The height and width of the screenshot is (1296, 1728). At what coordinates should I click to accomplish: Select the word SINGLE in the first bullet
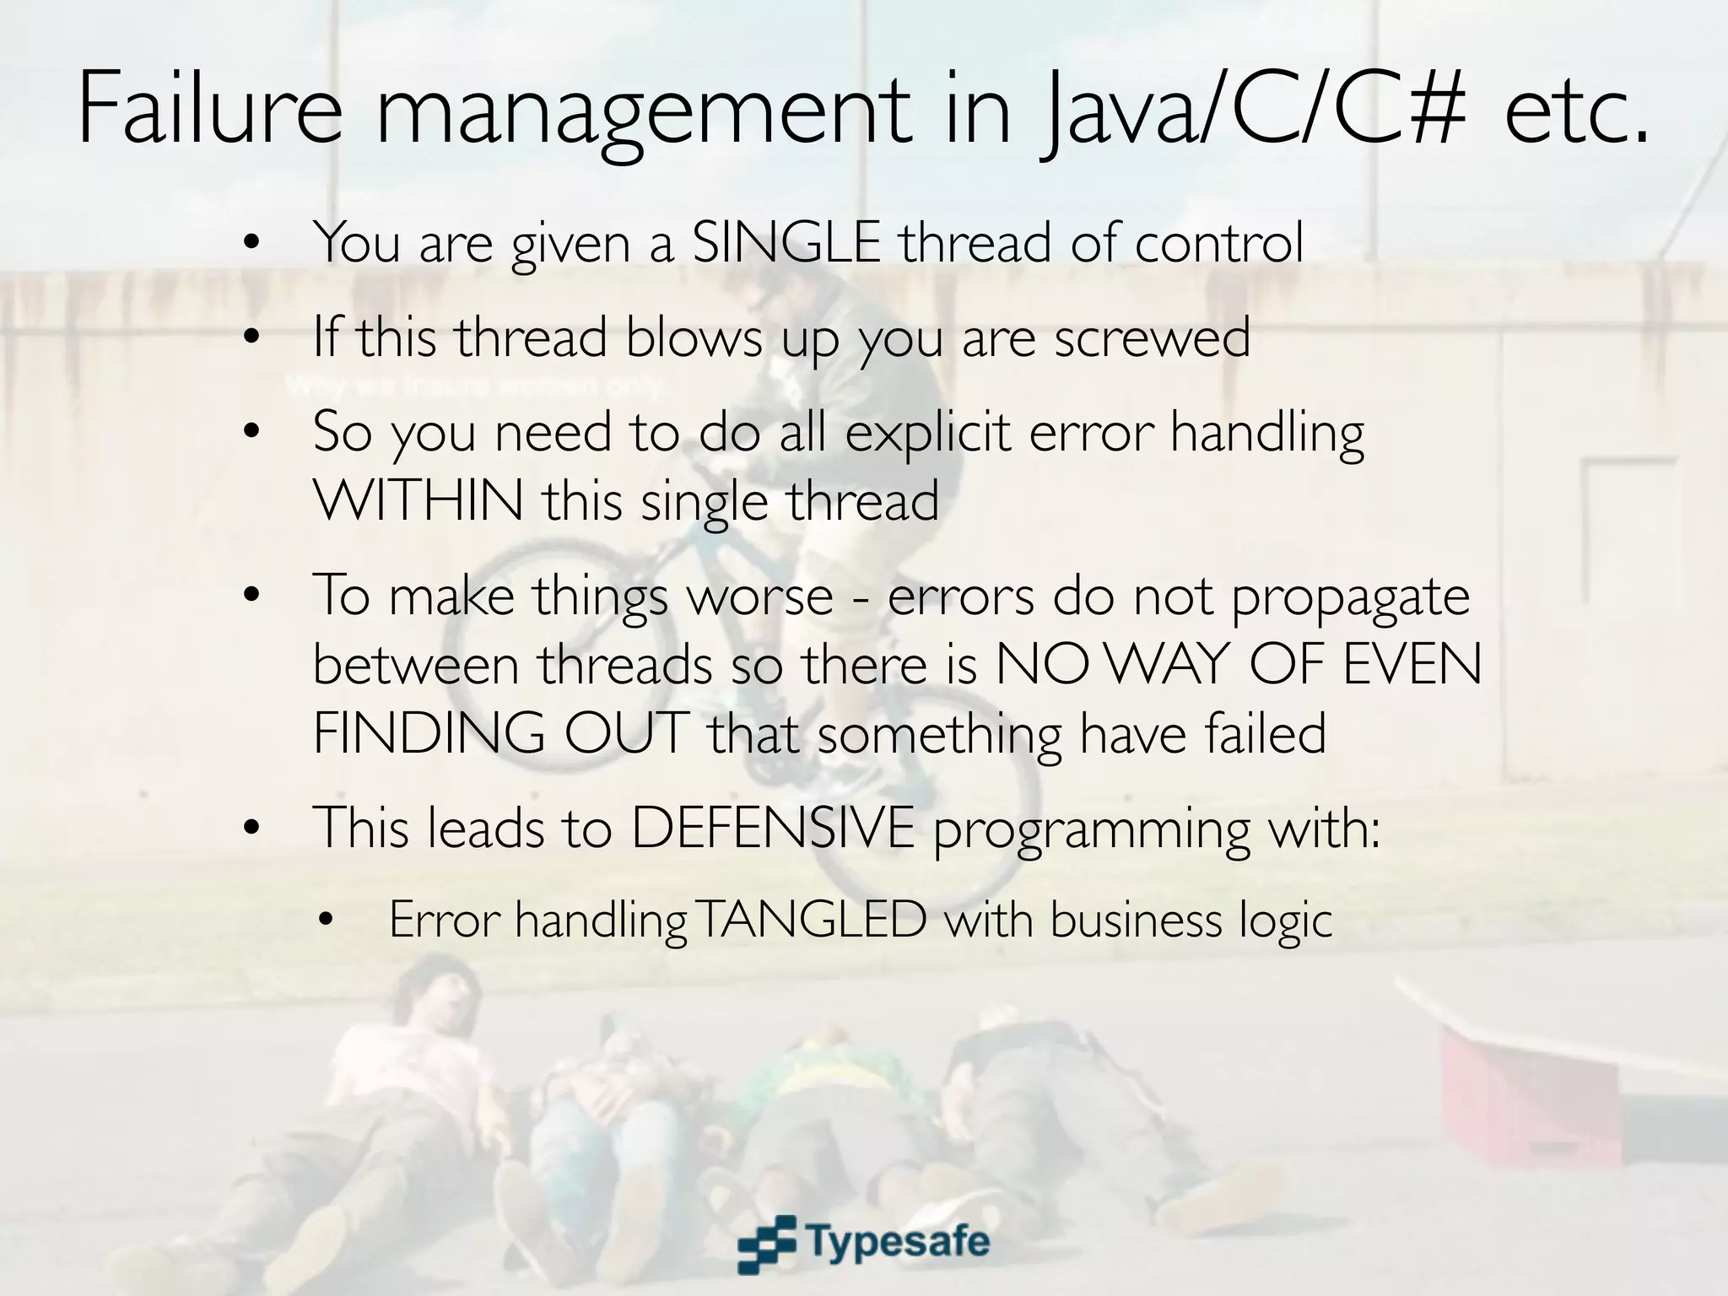786,243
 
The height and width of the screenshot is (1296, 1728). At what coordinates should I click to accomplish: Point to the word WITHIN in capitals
418,500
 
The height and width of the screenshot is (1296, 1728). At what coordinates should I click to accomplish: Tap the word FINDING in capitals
429,733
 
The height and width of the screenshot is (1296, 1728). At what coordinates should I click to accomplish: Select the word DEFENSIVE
772,828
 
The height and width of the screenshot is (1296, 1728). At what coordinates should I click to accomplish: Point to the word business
1136,920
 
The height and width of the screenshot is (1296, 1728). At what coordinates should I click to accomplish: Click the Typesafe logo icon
766,1244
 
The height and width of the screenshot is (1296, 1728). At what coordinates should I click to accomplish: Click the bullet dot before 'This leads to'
250,829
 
